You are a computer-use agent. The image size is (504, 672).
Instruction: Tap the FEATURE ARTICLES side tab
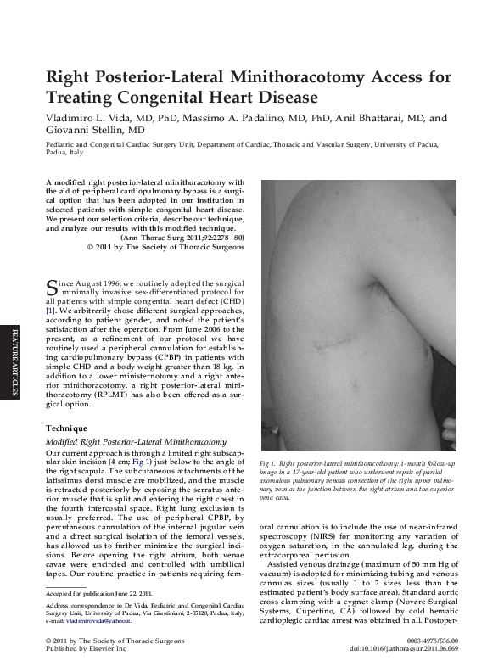click(x=13, y=366)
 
